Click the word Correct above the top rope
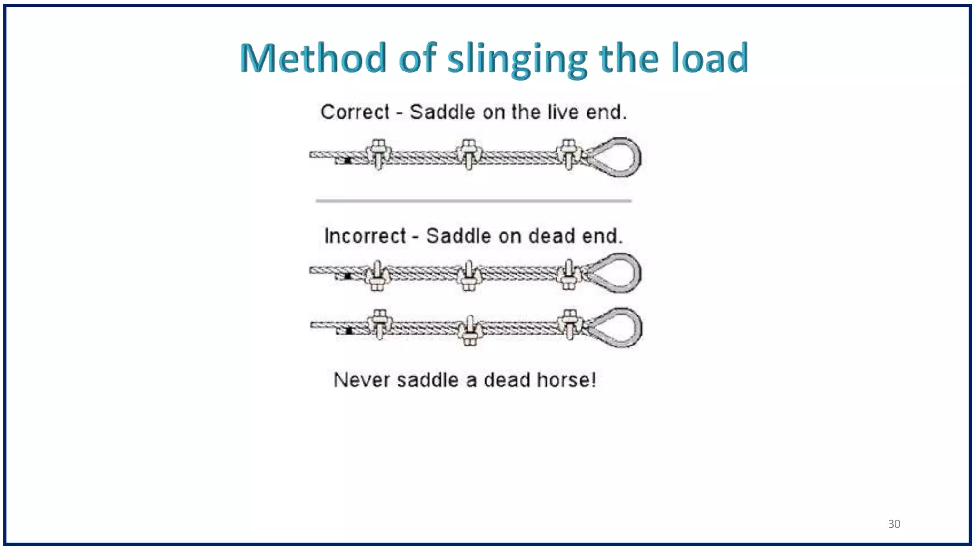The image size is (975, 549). coord(355,112)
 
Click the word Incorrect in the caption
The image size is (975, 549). coord(365,236)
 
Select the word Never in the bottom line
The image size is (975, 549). coord(362,380)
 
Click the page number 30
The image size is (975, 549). coord(894,524)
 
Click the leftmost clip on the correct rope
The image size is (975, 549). coord(378,154)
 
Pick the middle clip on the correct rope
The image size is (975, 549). coord(469,154)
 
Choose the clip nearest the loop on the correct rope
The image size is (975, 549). coord(568,154)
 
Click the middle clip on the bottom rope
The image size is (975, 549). coord(469,330)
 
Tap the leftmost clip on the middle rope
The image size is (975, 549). coord(378,275)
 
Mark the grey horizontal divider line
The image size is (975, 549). coord(473,201)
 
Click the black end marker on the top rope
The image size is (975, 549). coord(348,161)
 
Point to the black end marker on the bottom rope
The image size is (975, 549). coord(349,331)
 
